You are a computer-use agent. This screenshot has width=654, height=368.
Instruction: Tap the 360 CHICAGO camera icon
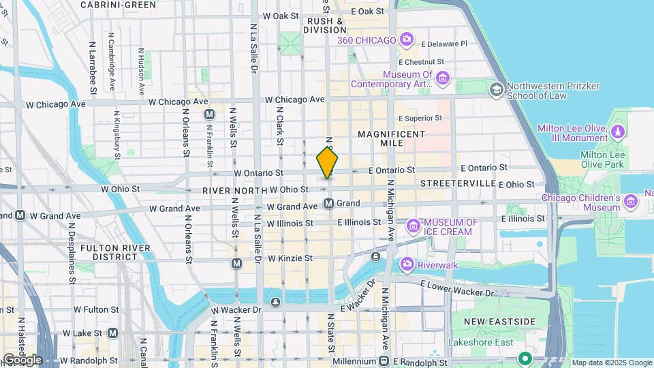(x=407, y=40)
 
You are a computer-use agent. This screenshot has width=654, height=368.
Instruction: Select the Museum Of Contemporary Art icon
(x=443, y=80)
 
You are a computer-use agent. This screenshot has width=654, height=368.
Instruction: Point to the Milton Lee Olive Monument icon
(x=618, y=131)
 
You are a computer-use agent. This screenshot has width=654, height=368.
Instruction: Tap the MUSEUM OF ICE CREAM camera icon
(x=413, y=226)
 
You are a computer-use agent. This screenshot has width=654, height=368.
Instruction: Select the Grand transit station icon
(x=329, y=203)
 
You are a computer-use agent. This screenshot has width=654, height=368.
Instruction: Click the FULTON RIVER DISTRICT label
(x=110, y=251)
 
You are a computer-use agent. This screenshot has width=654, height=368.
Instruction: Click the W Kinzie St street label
(x=290, y=258)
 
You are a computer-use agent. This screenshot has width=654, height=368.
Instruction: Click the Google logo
(x=22, y=359)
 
